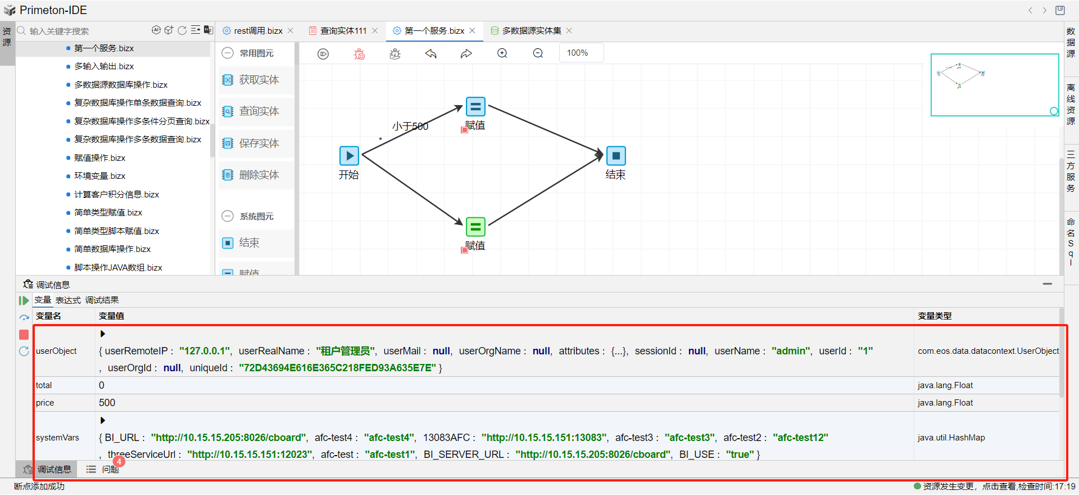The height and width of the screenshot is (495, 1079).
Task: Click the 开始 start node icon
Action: (x=349, y=156)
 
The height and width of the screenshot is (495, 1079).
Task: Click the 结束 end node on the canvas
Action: (x=616, y=156)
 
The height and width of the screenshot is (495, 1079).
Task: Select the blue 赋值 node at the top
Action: (x=475, y=106)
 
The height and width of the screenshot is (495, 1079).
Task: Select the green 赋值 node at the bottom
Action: (x=475, y=227)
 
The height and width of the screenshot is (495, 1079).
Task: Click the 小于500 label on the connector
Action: (x=410, y=127)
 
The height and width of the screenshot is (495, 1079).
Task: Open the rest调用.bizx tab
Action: (x=258, y=31)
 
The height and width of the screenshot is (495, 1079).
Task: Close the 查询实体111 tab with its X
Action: (x=375, y=31)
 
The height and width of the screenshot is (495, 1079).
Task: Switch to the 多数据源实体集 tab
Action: (x=531, y=31)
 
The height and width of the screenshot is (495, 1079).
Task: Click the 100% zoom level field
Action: (x=581, y=53)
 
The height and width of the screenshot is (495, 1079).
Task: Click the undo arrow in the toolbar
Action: (x=431, y=54)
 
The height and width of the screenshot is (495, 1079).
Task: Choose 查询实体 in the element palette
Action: (x=259, y=111)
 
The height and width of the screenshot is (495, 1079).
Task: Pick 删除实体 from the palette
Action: (x=259, y=175)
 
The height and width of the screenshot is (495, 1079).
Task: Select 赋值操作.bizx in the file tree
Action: (x=99, y=158)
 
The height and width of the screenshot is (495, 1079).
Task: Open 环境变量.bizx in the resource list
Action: (x=99, y=176)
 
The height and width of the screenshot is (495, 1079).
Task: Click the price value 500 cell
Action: (x=107, y=403)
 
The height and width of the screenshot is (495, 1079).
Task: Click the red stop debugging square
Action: (x=24, y=335)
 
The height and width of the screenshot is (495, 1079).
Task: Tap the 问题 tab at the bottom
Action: (x=110, y=469)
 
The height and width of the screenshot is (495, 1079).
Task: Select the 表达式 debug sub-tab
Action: (x=68, y=300)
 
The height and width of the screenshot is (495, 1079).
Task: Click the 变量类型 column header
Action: (x=934, y=316)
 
